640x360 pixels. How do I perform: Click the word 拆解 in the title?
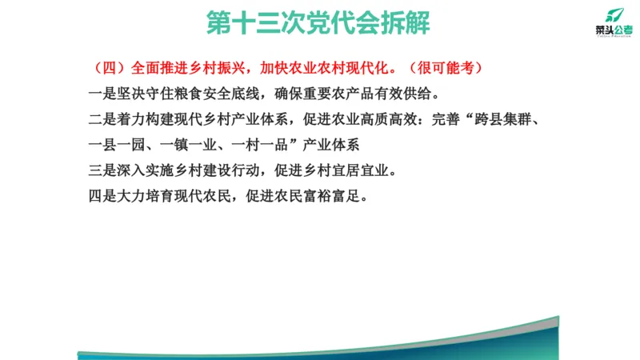point(407,23)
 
